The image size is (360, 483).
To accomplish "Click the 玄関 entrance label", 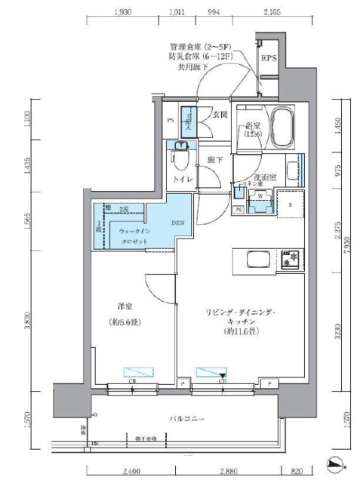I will point(219,114).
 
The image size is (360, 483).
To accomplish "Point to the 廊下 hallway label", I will point(217,160).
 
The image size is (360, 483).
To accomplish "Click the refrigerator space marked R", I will point(288,205).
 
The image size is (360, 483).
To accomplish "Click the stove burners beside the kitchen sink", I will point(290,260).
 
